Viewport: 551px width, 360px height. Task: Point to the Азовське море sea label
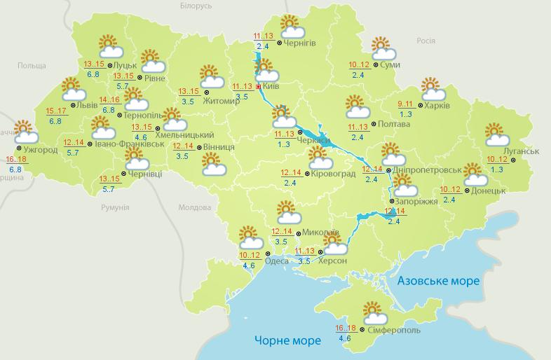click(x=438, y=281)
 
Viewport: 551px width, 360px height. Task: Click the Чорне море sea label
click(x=288, y=340)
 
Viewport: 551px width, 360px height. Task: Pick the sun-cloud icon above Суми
click(x=383, y=48)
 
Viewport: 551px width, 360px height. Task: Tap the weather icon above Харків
click(x=433, y=89)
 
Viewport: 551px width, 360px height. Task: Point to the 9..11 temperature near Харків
click(x=407, y=104)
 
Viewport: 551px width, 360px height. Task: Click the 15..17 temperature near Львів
click(x=56, y=111)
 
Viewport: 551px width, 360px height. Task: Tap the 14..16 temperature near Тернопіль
click(x=109, y=99)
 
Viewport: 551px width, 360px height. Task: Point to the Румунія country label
click(x=115, y=208)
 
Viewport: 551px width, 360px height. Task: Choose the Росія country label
click(x=426, y=41)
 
